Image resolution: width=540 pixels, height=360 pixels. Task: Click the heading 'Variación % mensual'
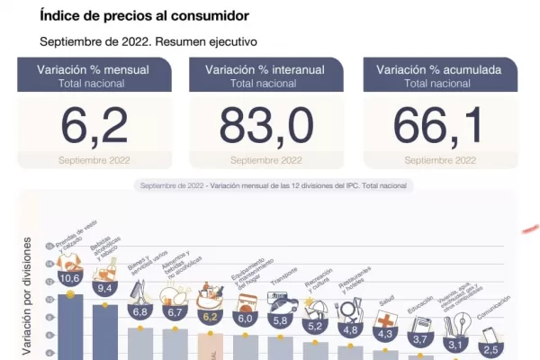pyautogui.click(x=93, y=69)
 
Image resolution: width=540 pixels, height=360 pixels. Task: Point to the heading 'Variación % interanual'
pyautogui.click(x=266, y=69)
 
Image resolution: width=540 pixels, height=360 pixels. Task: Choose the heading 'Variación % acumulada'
pyautogui.click(x=440, y=69)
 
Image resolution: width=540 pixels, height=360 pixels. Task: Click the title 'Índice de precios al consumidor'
pyautogui.click(x=145, y=16)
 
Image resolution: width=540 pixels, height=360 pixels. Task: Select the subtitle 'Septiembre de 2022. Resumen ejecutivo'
pyautogui.click(x=148, y=41)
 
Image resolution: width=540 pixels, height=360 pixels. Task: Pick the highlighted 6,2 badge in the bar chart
pyautogui.click(x=211, y=317)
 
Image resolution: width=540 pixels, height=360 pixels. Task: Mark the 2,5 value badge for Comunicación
pyautogui.click(x=490, y=349)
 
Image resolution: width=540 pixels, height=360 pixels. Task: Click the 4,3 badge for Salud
pyautogui.click(x=385, y=334)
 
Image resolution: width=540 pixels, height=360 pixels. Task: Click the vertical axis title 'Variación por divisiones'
pyautogui.click(x=27, y=297)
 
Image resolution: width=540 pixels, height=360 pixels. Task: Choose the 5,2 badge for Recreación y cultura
pyautogui.click(x=315, y=326)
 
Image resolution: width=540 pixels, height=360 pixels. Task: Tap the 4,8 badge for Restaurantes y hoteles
pyautogui.click(x=350, y=329)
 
